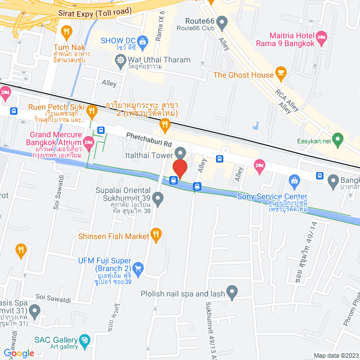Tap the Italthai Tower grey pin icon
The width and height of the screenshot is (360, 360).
180,152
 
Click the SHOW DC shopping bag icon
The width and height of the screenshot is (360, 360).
142,40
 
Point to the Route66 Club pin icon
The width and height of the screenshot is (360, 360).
222,24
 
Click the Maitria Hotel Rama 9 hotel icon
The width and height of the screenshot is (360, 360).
322,38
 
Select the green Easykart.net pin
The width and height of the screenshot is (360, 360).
337,138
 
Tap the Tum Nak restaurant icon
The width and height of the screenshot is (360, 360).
67,31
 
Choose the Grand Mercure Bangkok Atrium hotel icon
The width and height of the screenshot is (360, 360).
89,139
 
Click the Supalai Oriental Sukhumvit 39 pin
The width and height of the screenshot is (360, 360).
158,198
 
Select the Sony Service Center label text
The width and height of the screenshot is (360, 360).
265,196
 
